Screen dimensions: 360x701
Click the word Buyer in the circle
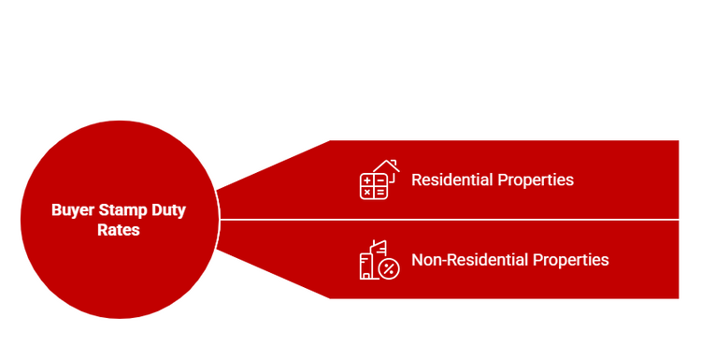[x=72, y=210]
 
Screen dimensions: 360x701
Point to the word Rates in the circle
[x=119, y=229]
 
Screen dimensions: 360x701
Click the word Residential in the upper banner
[x=451, y=179]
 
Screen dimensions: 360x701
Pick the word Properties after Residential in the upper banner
[x=535, y=179]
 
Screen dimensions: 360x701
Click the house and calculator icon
[x=379, y=180]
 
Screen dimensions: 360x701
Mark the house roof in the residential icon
[x=387, y=166]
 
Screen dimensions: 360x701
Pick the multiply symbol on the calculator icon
[x=367, y=192]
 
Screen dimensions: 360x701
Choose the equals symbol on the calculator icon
[x=379, y=192]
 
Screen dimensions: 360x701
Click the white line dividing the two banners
[x=449, y=220]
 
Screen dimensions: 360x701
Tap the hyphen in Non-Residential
[x=442, y=260]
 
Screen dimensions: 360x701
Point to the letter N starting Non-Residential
[x=417, y=259]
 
